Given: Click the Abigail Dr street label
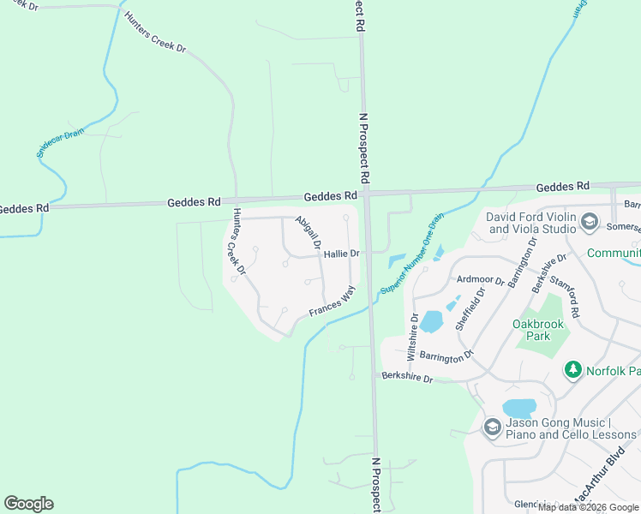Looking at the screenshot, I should (307, 233).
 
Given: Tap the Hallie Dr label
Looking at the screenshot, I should (341, 254).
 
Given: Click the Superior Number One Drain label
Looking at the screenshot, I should (413, 254).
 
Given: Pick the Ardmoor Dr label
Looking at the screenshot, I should (482, 279).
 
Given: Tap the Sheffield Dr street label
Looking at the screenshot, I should (470, 308).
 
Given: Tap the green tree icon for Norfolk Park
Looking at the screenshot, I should (572, 370).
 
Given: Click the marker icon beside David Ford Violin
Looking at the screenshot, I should (590, 223).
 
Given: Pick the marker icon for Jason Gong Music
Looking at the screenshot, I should (492, 426).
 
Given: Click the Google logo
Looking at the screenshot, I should (28, 504).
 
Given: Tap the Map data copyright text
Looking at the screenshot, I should (589, 507).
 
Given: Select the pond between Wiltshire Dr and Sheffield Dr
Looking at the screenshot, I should (431, 321).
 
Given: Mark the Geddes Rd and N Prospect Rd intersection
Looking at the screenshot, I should (366, 195).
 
